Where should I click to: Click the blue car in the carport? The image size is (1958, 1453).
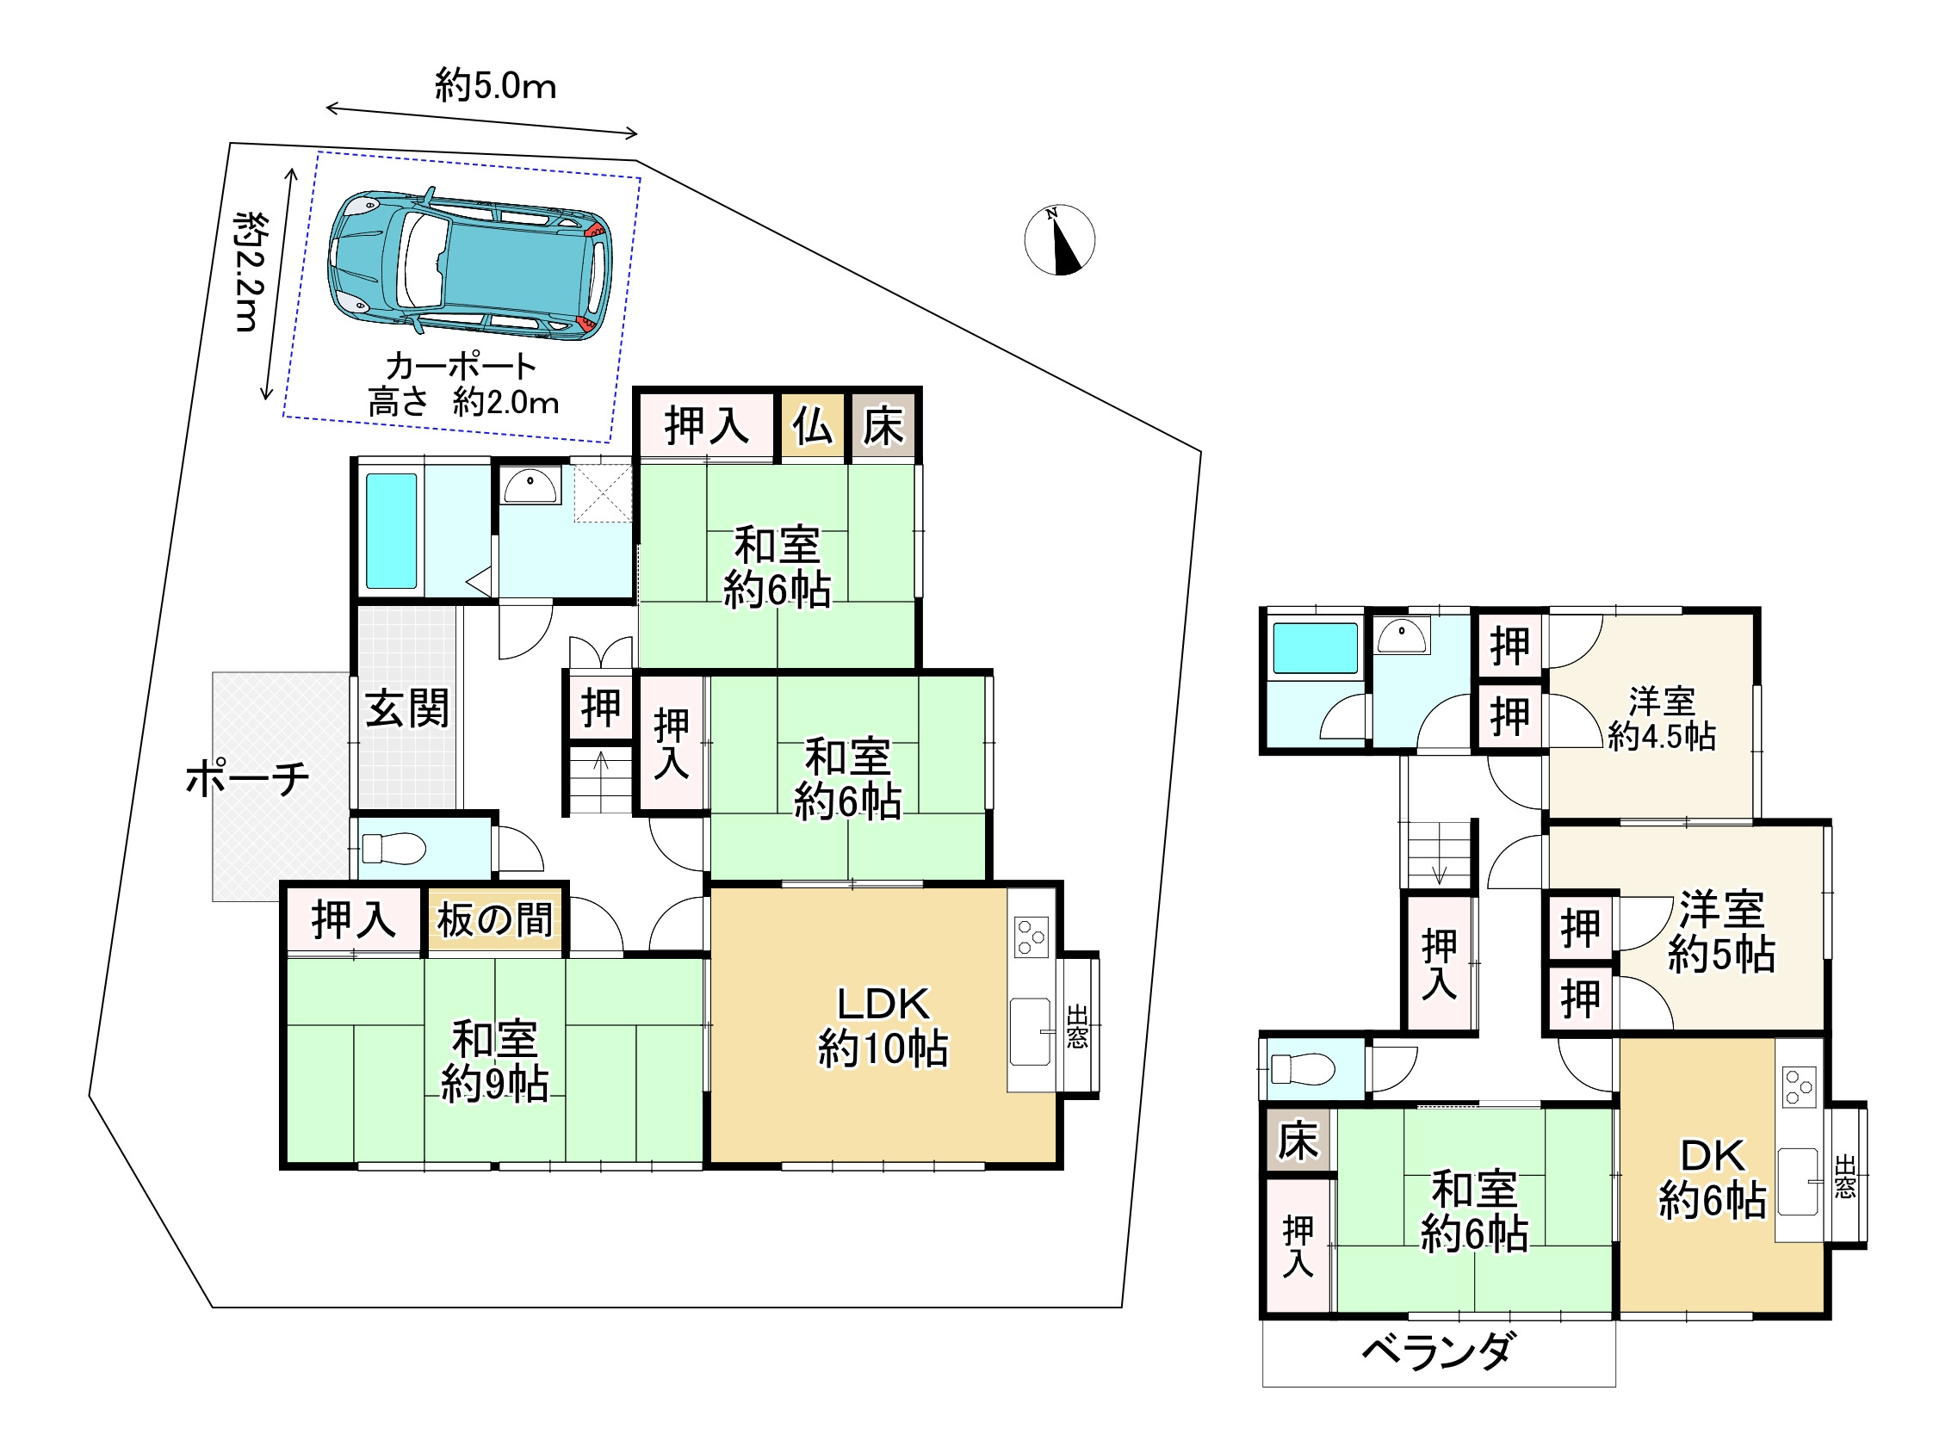point(470,264)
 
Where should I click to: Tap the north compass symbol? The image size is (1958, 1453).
point(1059,240)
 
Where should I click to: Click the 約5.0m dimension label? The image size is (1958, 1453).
point(495,85)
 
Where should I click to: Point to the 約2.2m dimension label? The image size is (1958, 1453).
point(251,272)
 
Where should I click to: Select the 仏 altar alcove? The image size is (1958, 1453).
point(813,427)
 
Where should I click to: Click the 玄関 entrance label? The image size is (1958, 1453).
point(407,708)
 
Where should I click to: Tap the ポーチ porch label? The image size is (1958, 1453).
point(247,778)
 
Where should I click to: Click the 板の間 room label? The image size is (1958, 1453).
point(495,920)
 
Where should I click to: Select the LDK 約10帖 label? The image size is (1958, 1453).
point(883,1025)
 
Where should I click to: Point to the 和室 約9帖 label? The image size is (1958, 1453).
point(494,1060)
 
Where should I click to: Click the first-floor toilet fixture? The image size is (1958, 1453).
point(393,849)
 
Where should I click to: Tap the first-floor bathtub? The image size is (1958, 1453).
point(392,531)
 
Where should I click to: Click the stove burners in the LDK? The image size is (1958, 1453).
point(1031,937)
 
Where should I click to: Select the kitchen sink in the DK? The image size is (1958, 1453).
point(1797,1181)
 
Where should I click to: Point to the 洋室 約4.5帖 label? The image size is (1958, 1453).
point(1662,719)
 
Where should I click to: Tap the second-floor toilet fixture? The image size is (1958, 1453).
point(1302,1068)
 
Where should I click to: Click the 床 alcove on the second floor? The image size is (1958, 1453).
point(1299,1141)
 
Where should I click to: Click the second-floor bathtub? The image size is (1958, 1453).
point(1315,648)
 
